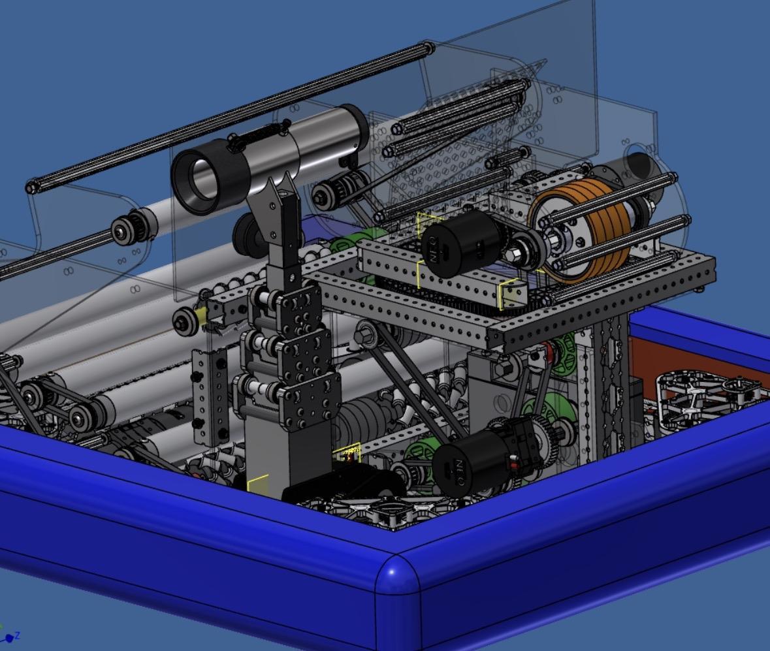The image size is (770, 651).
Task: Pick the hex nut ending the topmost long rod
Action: tap(31, 188)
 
